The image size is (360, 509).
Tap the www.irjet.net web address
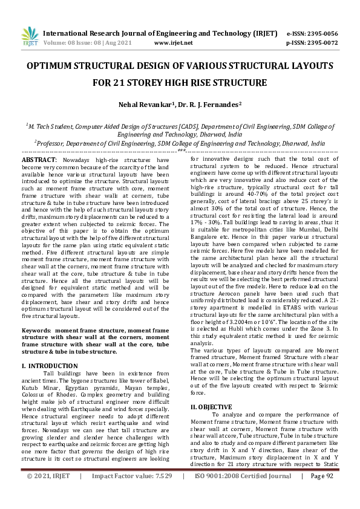tap(174, 44)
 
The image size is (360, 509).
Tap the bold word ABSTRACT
tap(39, 158)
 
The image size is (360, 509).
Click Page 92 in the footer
tap(322, 493)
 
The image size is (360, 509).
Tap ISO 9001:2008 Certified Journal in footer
tap(243, 493)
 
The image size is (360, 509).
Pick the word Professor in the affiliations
tap(54, 144)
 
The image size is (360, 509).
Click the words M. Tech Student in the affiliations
tap(51, 127)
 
